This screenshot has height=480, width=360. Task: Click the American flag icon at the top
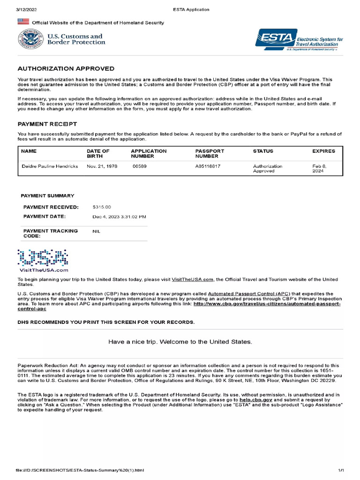(x=23, y=22)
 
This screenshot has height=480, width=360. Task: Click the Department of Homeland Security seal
(x=29, y=39)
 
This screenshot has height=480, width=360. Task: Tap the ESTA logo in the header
(x=276, y=39)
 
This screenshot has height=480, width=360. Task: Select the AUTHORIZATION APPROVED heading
(x=66, y=68)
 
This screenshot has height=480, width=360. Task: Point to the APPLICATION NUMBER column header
(x=149, y=154)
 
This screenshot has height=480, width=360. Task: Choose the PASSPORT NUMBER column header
(x=210, y=154)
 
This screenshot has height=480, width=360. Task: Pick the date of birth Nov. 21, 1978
(x=102, y=166)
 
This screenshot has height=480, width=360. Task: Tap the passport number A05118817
(x=208, y=166)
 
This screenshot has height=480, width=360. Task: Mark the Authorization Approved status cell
(x=268, y=169)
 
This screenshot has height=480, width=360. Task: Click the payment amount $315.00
(x=102, y=207)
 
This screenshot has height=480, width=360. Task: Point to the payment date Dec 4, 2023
(x=119, y=217)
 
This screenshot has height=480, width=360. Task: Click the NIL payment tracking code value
(x=96, y=231)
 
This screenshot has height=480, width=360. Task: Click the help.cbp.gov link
(x=256, y=400)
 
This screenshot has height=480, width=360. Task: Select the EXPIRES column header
(x=323, y=151)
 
